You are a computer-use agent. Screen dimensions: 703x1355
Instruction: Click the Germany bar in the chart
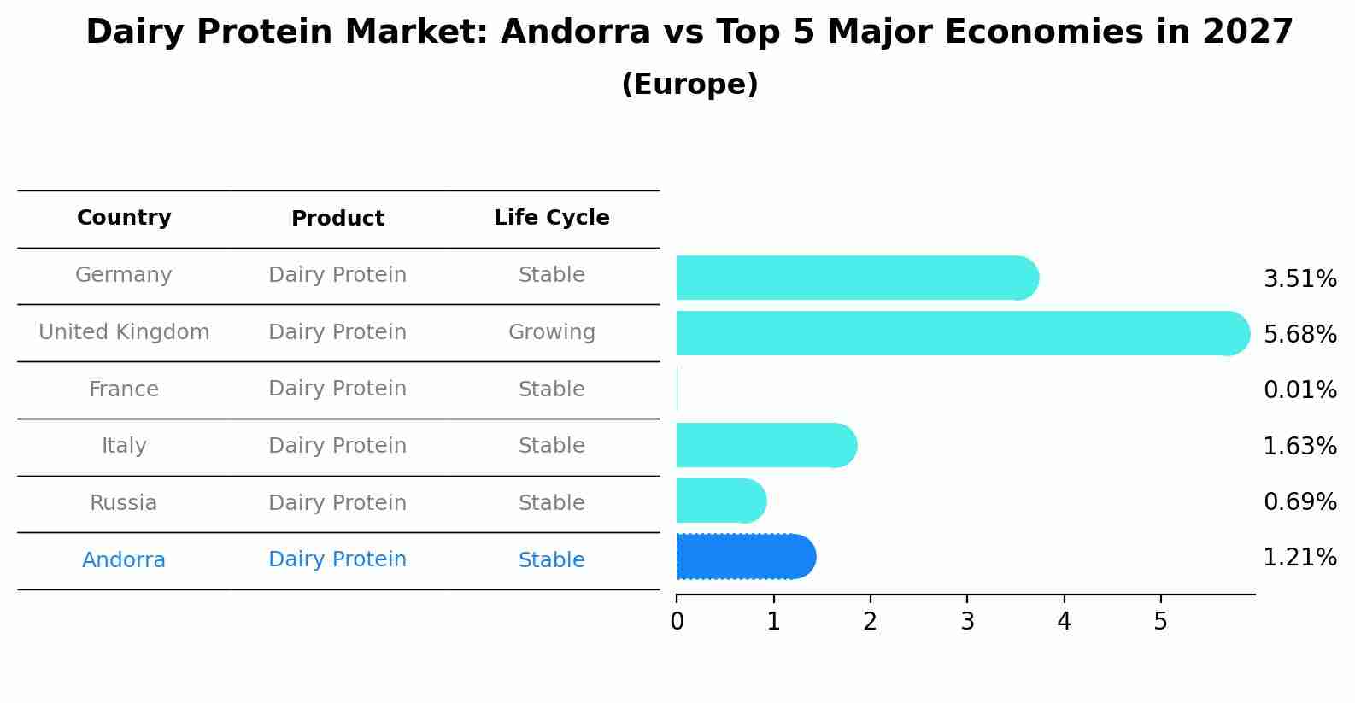pos(854,278)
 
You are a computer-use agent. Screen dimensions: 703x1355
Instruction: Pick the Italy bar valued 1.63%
pos(765,445)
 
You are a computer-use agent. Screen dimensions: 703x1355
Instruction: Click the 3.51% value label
pos(1299,279)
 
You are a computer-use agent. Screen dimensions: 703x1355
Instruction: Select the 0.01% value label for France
pos(1299,390)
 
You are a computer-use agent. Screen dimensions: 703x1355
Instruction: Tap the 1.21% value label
pos(1299,558)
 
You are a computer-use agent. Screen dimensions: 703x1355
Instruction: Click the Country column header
pos(124,218)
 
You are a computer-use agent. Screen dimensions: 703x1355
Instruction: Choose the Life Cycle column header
pos(551,218)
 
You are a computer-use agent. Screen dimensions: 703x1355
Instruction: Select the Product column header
pos(337,219)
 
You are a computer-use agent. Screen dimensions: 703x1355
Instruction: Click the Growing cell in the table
pos(551,332)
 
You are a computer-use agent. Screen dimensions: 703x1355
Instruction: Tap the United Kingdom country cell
pos(124,332)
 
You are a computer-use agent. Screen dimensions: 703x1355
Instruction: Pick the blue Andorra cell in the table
pos(124,560)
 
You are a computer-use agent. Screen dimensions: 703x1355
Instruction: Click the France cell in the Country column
pos(124,390)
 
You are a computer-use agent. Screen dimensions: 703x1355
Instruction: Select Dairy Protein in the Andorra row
pos(337,559)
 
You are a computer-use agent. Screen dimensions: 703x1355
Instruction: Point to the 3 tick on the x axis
pos(967,621)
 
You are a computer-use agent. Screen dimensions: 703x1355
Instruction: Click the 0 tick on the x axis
pos(677,621)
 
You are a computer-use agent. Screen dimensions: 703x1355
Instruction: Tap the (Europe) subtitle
pos(689,85)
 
